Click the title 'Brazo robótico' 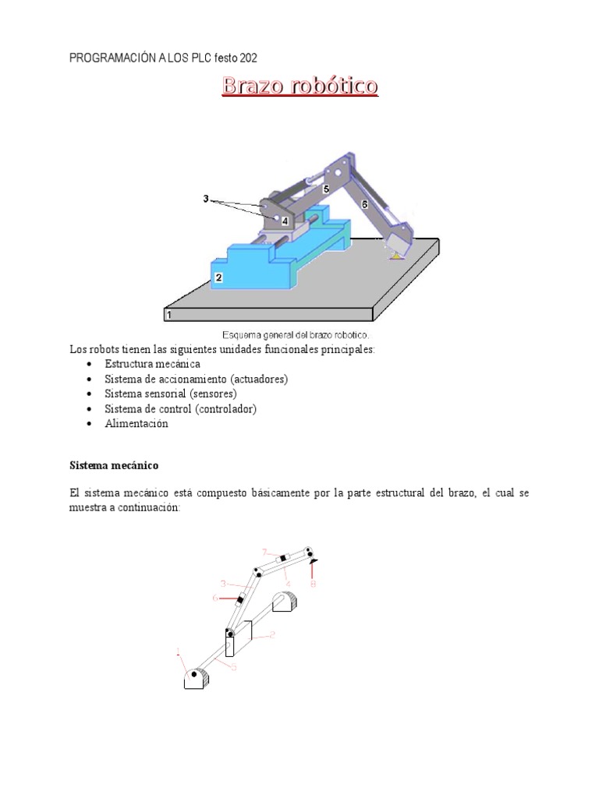pyautogui.click(x=299, y=86)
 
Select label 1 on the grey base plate pyautogui.click(x=168, y=315)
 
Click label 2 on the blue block pyautogui.click(x=219, y=277)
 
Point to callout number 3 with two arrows pyautogui.click(x=206, y=199)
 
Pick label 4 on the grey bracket pyautogui.click(x=285, y=221)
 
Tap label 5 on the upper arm pyautogui.click(x=326, y=189)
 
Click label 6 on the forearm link pyautogui.click(x=363, y=204)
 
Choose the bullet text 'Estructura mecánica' pyautogui.click(x=152, y=364)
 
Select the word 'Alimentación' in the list pyautogui.click(x=136, y=424)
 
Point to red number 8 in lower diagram pyautogui.click(x=313, y=583)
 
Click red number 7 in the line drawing pyautogui.click(x=264, y=551)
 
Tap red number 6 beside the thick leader pyautogui.click(x=215, y=598)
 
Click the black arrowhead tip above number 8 pyautogui.click(x=313, y=560)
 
